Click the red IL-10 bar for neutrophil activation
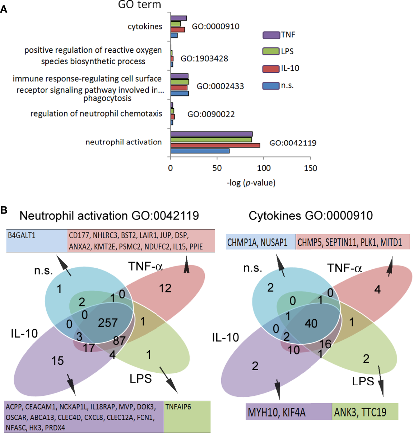[x=215, y=145]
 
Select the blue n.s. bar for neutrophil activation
[x=200, y=151]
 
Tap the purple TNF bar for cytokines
[x=178, y=18]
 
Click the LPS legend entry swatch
[x=271, y=51]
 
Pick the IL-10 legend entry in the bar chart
[x=280, y=68]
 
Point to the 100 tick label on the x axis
[x=264, y=168]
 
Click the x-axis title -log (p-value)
[x=251, y=183]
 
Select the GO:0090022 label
[x=211, y=114]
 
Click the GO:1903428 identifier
[x=204, y=58]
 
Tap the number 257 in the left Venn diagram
[x=108, y=323]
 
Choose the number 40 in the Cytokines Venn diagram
[x=311, y=324]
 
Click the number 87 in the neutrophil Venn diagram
[x=119, y=340]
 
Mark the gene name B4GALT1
[x=22, y=235]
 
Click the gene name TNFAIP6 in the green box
[x=178, y=407]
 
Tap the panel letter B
[x=4, y=210]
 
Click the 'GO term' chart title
[x=140, y=5]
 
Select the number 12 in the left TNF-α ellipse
[x=165, y=288]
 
